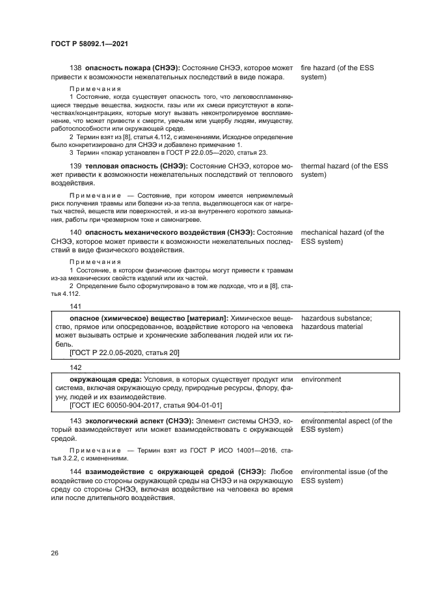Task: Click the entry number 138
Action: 75,68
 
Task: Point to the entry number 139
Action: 75,166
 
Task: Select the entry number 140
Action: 75,232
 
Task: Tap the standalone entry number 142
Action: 75,367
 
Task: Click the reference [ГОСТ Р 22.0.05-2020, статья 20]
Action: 124,352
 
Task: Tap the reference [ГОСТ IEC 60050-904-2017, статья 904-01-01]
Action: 146,405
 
